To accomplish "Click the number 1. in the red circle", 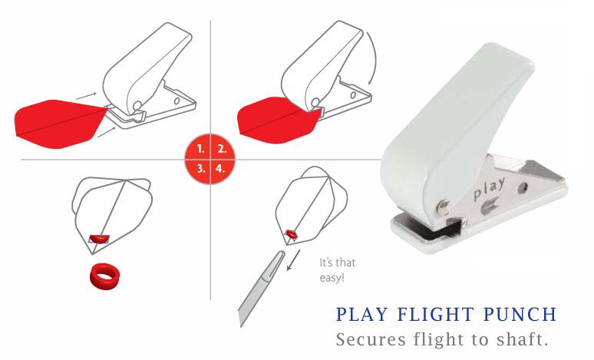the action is point(201,149).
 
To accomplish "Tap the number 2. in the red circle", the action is point(222,149).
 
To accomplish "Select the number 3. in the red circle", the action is point(201,168).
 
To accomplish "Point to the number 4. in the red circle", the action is point(220,168).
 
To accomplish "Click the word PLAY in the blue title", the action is point(362,315).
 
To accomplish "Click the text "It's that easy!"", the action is point(337,270).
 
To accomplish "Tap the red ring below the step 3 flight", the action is point(105,275).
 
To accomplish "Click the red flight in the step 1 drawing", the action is point(61,124).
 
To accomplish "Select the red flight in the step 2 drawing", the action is point(279,120).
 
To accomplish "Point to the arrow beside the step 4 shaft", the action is point(293,260).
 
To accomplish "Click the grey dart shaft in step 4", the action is point(260,288).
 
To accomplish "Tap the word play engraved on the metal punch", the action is point(489,189).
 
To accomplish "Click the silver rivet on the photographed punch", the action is point(444,206).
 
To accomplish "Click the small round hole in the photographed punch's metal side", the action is point(523,187).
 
